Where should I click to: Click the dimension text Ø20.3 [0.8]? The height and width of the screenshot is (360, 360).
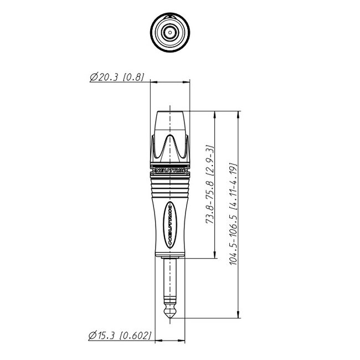[117, 78]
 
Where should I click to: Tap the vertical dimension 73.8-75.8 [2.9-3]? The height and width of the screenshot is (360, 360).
[210, 183]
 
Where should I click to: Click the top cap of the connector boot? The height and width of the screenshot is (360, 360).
[171, 120]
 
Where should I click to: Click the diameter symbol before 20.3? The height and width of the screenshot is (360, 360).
[92, 78]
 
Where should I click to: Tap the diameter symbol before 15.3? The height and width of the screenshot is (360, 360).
[92, 335]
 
